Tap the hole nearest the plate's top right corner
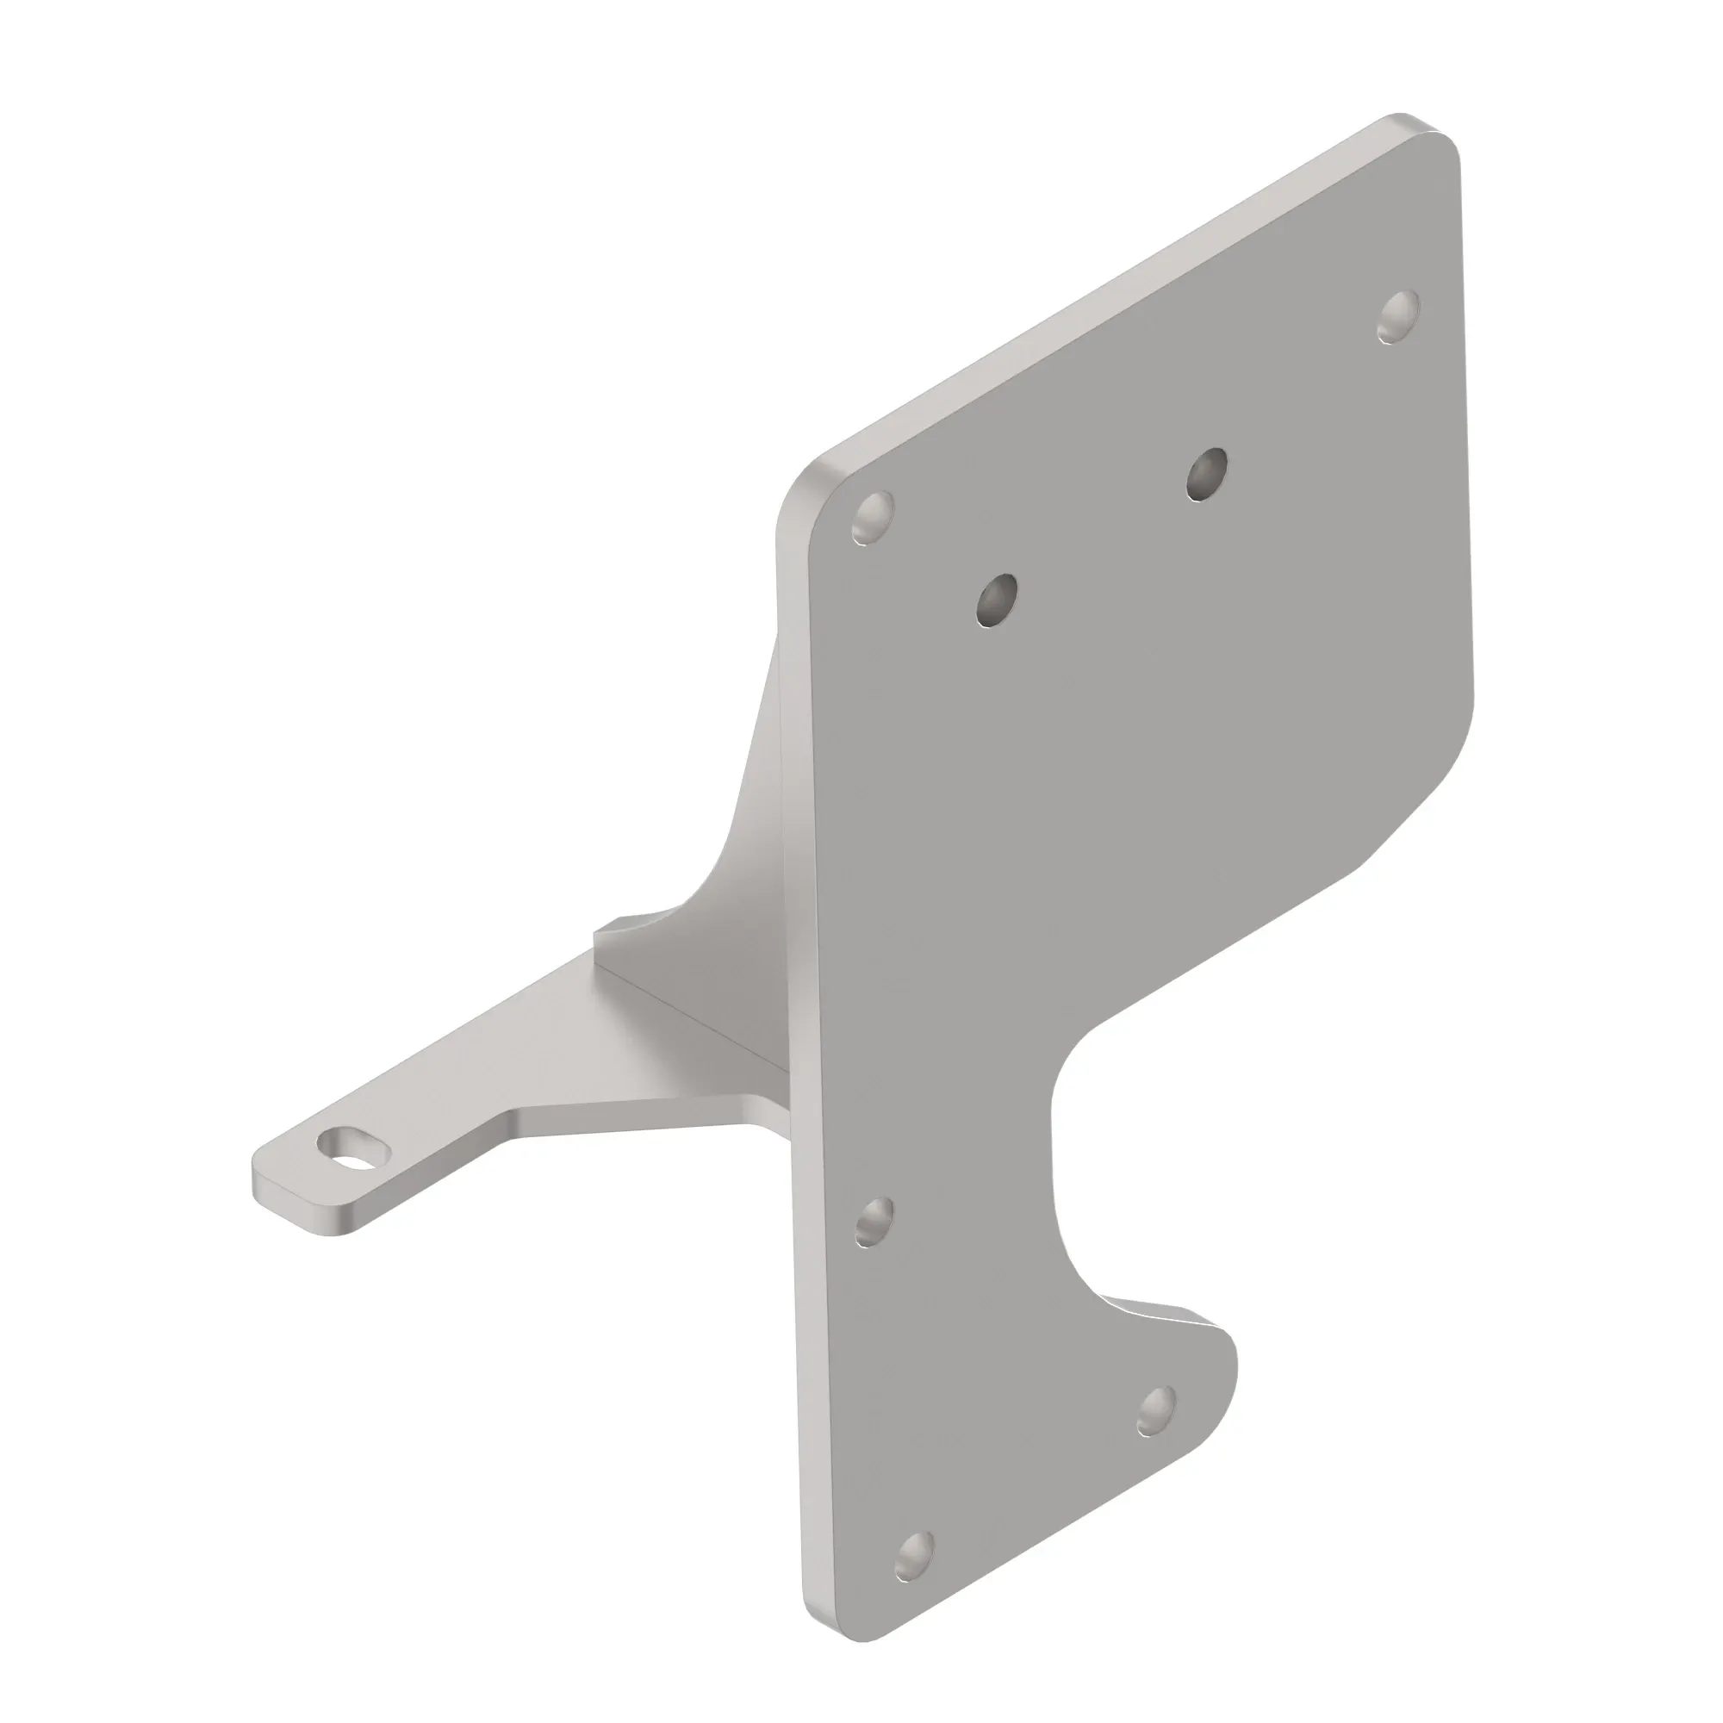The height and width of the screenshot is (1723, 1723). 1397,316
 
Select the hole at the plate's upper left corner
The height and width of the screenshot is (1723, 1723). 872,516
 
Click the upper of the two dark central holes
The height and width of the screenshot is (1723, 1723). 1206,474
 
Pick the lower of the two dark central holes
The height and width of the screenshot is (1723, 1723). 997,600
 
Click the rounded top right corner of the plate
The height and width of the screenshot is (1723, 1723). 1434,152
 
